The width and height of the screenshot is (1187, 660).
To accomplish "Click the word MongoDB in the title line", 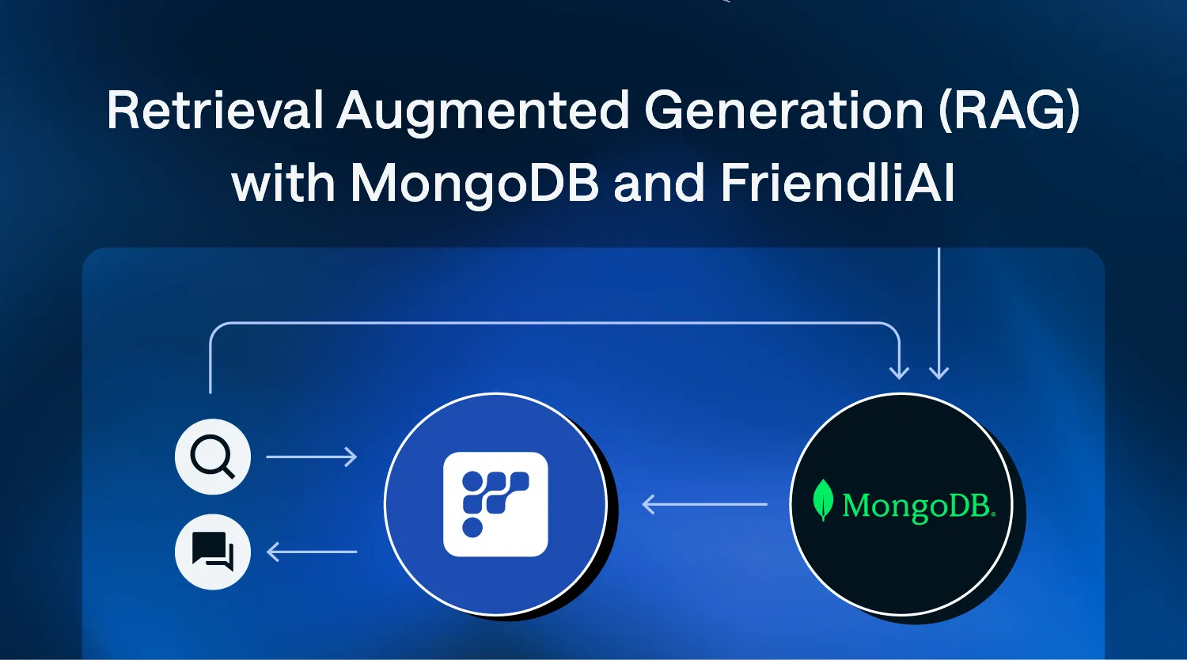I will point(474,184).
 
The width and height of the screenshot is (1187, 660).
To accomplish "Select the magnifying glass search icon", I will point(213,457).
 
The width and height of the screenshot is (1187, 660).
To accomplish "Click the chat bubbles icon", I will point(213,552).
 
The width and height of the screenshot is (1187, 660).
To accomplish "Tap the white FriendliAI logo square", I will point(495,504).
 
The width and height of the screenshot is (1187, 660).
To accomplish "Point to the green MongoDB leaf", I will point(824,502).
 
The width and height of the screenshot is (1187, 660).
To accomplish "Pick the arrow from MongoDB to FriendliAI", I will point(703,504).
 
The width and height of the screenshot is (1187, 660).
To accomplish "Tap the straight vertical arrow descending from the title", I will point(939,317).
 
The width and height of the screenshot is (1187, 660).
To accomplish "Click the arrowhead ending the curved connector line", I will point(899,371).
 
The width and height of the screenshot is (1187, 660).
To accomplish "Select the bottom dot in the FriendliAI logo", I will point(472,527).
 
